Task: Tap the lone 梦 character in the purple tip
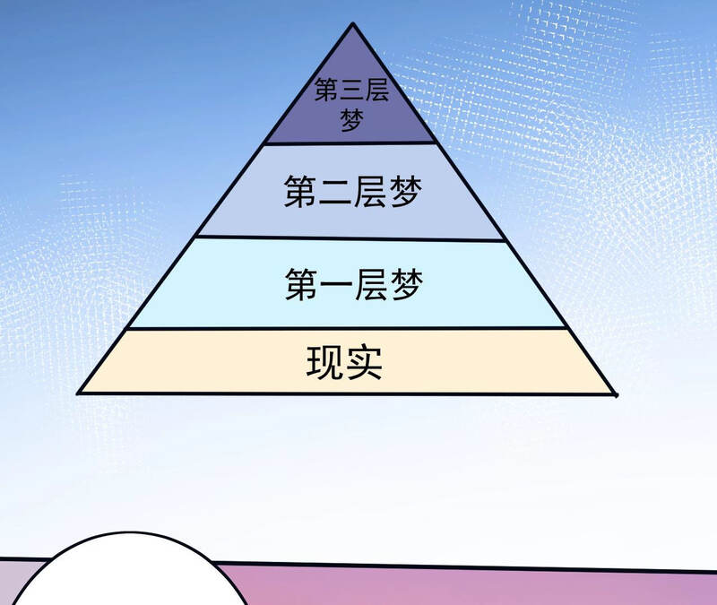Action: coord(351,120)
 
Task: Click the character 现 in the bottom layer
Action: coord(324,362)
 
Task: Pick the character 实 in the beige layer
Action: coord(364,362)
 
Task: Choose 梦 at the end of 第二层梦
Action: coord(405,192)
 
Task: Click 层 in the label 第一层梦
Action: coord(370,285)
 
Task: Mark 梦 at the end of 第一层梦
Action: coord(406,285)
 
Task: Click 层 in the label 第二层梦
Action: coord(369,192)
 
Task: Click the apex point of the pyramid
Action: coord(352,23)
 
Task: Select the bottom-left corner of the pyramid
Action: coord(78,393)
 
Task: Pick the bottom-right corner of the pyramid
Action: coord(616,394)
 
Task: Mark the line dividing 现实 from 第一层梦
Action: coord(348,328)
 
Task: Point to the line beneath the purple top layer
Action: coord(351,143)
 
